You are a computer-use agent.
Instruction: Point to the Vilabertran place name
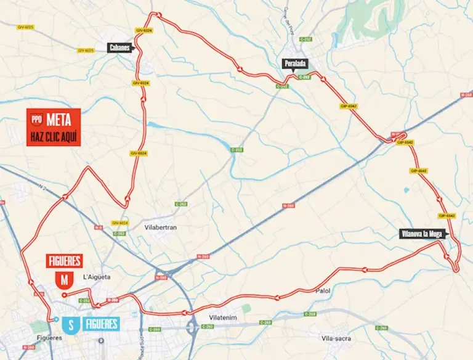pyautogui.click(x=160, y=227)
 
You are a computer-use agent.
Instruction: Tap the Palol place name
pyautogui.click(x=323, y=290)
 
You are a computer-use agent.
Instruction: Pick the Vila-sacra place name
pyautogui.click(x=335, y=338)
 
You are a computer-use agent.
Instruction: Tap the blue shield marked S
pyautogui.click(x=71, y=323)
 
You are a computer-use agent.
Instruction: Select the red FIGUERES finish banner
pyautogui.click(x=64, y=261)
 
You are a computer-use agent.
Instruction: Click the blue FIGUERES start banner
pyautogui.click(x=102, y=323)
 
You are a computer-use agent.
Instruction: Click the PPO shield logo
pyautogui.click(x=37, y=121)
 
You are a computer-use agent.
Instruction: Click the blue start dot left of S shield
pyautogui.click(x=56, y=319)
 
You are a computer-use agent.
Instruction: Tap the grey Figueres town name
pyautogui.click(x=49, y=338)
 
